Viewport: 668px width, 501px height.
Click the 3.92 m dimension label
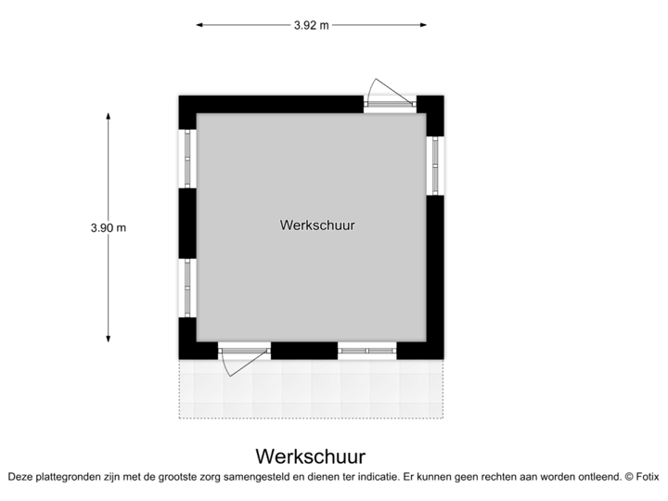tap(312, 26)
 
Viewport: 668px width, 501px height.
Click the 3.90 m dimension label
tap(108, 226)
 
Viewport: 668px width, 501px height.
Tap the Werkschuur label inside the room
tap(317, 225)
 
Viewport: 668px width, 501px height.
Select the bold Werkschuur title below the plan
tap(311, 456)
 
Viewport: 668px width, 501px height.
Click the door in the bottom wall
tap(243, 353)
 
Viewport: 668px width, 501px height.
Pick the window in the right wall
tap(436, 165)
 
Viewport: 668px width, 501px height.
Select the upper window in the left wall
tap(186, 159)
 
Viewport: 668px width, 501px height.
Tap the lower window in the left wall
tap(186, 288)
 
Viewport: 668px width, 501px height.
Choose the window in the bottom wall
tap(366, 350)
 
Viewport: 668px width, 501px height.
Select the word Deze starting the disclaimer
tap(19, 476)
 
